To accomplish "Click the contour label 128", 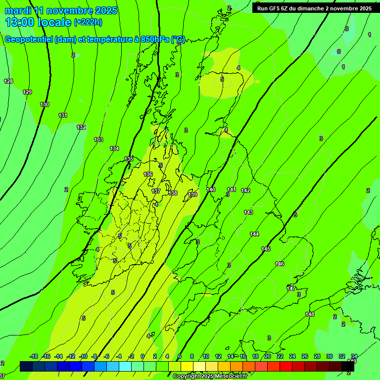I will tap(8, 81).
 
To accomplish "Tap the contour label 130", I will tap(45, 104).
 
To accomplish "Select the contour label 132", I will tap(81, 127).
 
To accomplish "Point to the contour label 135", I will tap(129, 159).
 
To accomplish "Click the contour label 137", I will tap(156, 191).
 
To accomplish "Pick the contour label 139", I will tap(192, 195).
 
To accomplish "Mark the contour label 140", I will tap(211, 190).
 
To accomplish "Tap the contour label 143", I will tap(248, 212).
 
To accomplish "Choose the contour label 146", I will tap(280, 264).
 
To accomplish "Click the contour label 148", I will tap(310, 314).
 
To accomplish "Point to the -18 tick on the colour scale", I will tap(34, 356).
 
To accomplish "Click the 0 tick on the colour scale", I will tap(142, 356).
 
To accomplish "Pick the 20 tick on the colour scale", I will tap(267, 356).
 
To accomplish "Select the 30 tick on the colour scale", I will tap(330, 356).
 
